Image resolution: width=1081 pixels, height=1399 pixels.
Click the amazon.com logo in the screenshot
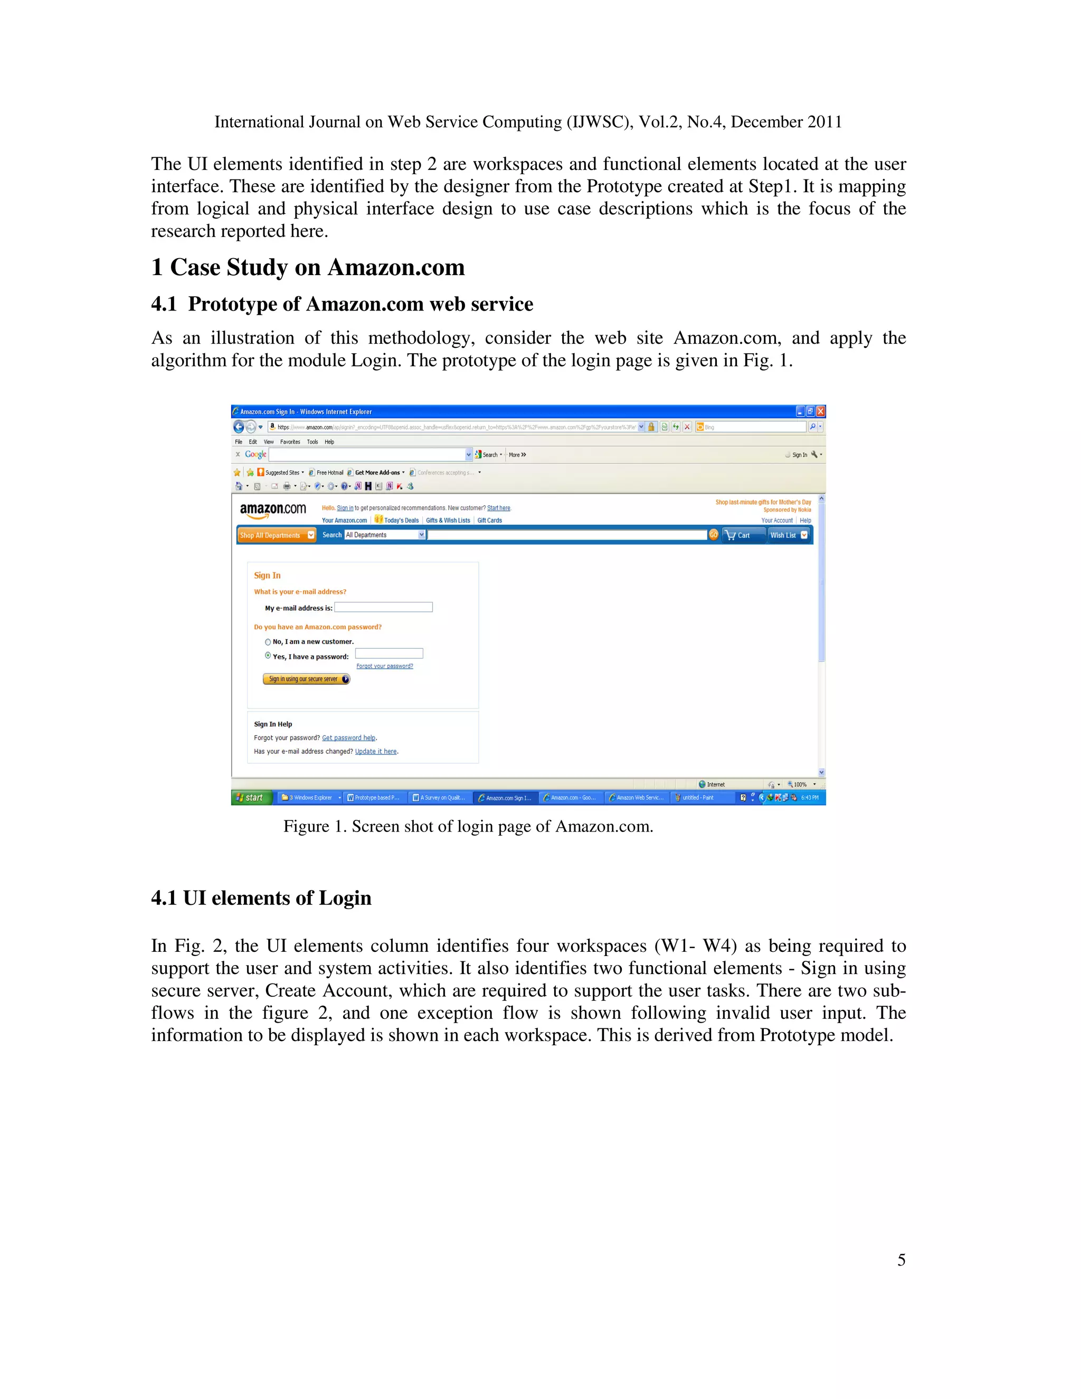coord(273,511)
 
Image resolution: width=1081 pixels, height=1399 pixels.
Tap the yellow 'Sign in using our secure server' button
coord(306,679)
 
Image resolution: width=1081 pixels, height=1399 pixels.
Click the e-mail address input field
coord(383,607)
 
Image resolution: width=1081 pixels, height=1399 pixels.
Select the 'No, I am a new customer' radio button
coord(268,642)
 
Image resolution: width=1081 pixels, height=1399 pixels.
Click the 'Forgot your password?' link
coord(384,666)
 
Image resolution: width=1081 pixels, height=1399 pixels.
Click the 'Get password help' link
coord(348,738)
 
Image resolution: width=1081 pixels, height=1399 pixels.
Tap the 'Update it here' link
coord(376,751)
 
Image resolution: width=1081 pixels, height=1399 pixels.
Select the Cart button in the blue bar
coord(743,535)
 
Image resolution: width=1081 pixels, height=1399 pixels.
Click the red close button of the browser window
coord(820,411)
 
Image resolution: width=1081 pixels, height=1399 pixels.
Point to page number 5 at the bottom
coord(901,1260)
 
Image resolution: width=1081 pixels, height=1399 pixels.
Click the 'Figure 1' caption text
coord(468,826)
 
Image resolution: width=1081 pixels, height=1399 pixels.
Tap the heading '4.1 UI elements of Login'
coord(261,898)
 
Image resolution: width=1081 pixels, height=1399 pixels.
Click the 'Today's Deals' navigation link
coord(400,520)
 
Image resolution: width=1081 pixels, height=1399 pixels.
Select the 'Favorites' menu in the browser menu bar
coord(290,442)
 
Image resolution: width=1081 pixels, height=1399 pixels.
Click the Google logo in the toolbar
coord(255,454)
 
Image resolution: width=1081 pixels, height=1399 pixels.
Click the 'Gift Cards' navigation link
coord(489,520)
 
